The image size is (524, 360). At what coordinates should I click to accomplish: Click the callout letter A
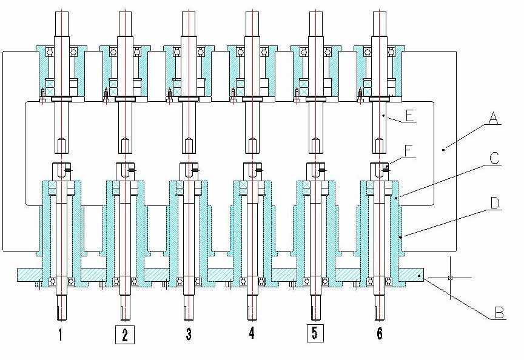[x=495, y=121]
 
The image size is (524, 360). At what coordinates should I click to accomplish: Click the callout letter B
[x=499, y=313]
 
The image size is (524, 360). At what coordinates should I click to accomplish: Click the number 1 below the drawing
[x=60, y=334]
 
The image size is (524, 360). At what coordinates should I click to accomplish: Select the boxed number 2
[x=124, y=334]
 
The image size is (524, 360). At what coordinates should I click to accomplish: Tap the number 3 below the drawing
[x=189, y=334]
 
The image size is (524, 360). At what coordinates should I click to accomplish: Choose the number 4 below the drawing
[x=251, y=334]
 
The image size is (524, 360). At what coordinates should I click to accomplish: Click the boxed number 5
[x=315, y=334]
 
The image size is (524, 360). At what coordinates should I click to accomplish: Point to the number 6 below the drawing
[x=380, y=334]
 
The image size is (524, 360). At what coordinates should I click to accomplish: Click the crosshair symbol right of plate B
[x=450, y=278]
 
